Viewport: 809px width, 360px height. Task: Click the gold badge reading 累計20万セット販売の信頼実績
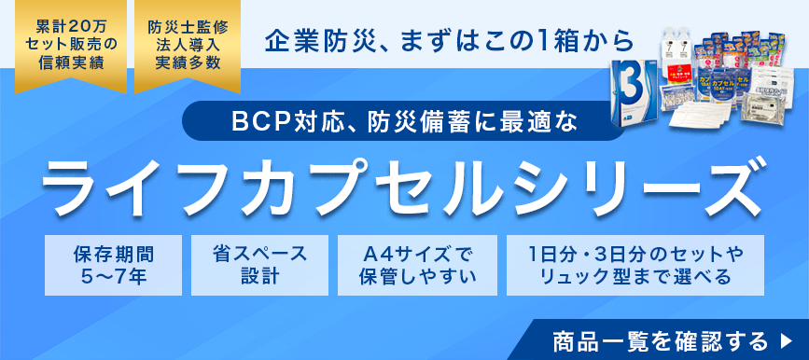coord(63,44)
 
